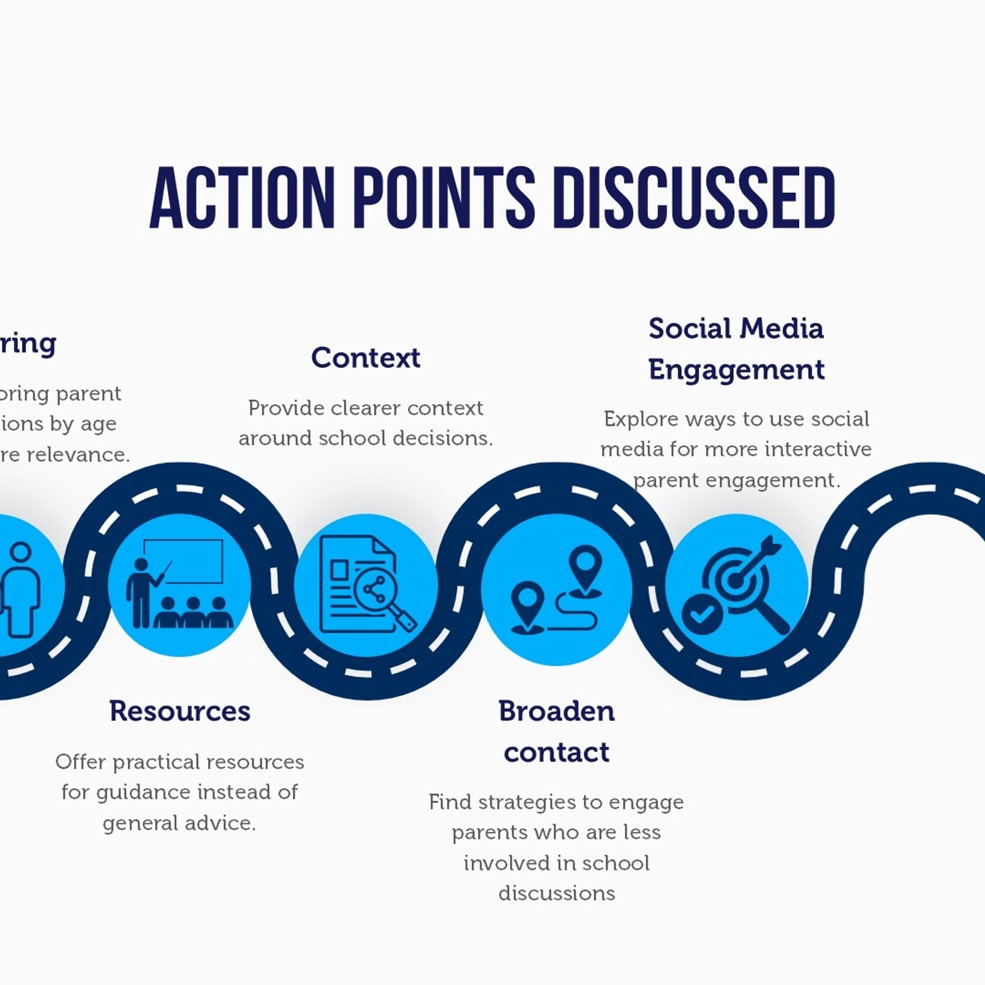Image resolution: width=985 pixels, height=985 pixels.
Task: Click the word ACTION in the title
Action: click(x=242, y=197)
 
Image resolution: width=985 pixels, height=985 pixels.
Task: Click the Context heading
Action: click(x=366, y=357)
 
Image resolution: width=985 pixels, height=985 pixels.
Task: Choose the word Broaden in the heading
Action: click(x=556, y=711)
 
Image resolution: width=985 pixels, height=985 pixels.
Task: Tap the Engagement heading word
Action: click(x=736, y=370)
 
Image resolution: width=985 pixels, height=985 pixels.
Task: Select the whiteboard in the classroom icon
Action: click(x=184, y=561)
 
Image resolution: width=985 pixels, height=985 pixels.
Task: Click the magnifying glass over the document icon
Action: click(x=380, y=597)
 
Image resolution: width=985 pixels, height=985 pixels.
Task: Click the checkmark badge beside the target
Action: click(x=702, y=614)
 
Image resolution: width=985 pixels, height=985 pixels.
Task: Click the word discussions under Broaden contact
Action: click(x=556, y=893)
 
